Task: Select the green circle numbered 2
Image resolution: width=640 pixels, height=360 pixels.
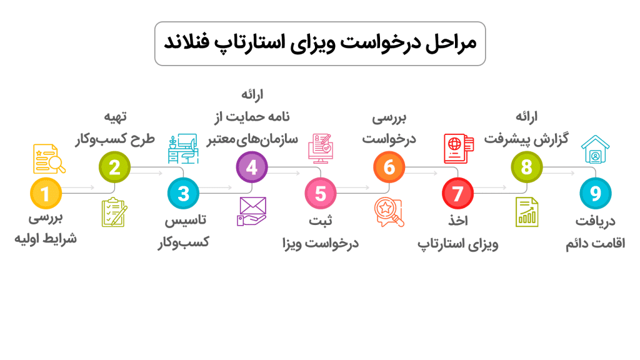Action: [x=114, y=167]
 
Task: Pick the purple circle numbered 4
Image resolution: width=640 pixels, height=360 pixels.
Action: [x=252, y=167]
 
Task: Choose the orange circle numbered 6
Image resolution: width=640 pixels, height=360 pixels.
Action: [x=389, y=167]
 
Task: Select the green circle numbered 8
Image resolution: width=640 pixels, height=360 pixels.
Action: [x=527, y=167]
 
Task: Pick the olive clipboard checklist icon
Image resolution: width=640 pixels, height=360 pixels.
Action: [x=114, y=212]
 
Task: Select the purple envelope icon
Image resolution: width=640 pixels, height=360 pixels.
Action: [x=252, y=211]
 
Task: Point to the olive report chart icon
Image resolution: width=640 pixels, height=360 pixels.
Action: [x=527, y=212]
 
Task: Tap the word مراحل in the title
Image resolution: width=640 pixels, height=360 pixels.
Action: [x=451, y=43]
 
